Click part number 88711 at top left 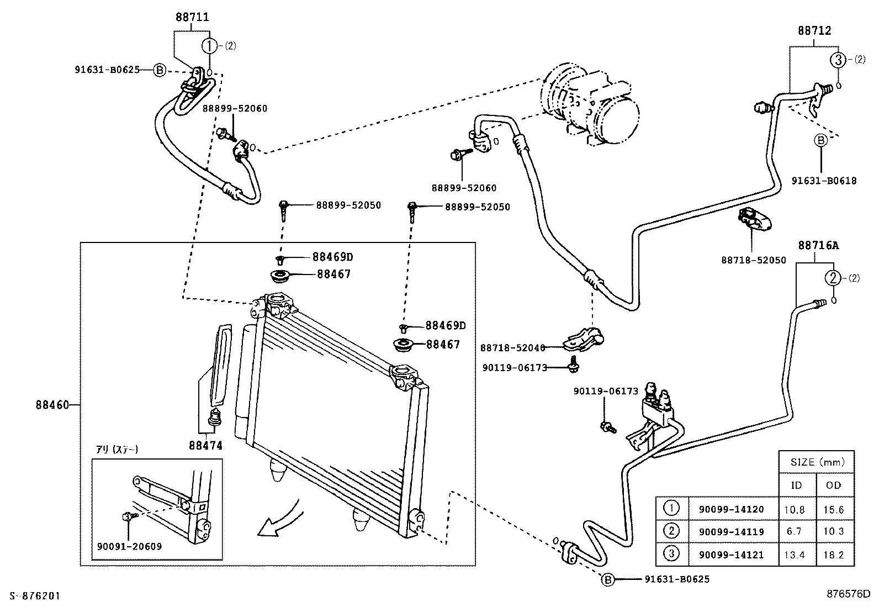(x=192, y=17)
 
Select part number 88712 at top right (x=814, y=31)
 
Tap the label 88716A (x=818, y=245)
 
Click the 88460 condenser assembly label (x=54, y=405)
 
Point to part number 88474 (x=205, y=445)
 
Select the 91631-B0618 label (x=824, y=181)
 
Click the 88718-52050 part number (x=753, y=260)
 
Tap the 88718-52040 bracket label (x=512, y=348)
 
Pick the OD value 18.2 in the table (x=833, y=555)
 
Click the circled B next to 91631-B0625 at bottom (x=607, y=579)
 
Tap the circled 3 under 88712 (x=838, y=60)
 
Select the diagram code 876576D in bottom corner (x=848, y=595)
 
